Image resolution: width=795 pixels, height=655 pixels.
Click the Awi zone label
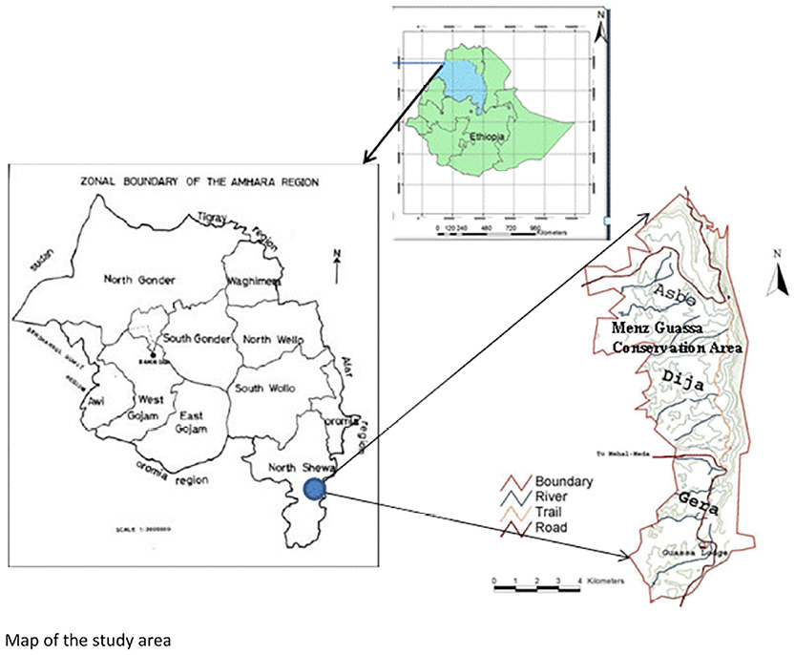coord(96,401)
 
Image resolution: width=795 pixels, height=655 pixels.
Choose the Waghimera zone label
coord(253,280)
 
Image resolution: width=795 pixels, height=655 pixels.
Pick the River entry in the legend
coord(552,498)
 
